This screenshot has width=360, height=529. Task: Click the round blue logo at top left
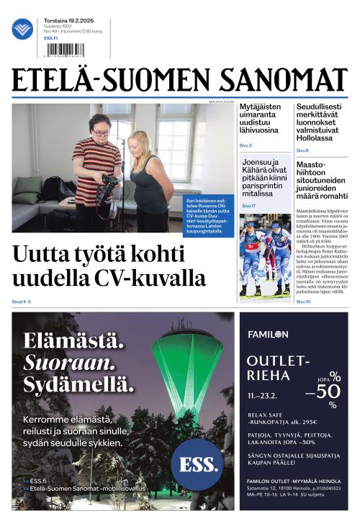tap(22, 29)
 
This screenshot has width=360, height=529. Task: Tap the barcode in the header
tap(63, 50)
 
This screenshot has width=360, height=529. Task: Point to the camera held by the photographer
tap(107, 186)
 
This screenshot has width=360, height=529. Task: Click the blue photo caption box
tap(210, 209)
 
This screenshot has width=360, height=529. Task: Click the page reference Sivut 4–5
tap(22, 301)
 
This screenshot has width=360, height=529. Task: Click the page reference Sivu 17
tap(248, 206)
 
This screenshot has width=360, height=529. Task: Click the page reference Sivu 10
tap(303, 302)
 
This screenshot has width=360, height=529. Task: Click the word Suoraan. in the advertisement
tap(68, 361)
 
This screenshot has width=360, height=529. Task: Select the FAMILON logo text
tap(268, 334)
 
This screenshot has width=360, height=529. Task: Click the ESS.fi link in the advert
tap(37, 480)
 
